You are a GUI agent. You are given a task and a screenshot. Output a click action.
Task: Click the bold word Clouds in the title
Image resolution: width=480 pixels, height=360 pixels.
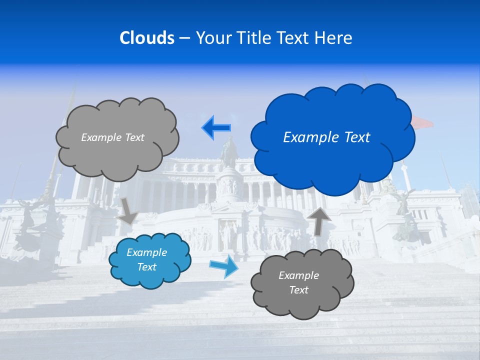click(146, 38)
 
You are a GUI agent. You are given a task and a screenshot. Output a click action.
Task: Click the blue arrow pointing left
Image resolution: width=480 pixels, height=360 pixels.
click(216, 127)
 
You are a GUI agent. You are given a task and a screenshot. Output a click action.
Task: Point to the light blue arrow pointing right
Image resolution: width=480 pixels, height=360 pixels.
click(224, 266)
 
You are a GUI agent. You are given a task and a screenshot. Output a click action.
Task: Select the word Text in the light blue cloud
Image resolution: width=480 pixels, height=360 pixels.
click(147, 267)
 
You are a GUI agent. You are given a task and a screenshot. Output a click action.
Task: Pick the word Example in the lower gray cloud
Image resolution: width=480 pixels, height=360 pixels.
click(298, 275)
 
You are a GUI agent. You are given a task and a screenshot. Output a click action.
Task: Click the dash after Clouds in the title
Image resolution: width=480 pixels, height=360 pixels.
click(184, 38)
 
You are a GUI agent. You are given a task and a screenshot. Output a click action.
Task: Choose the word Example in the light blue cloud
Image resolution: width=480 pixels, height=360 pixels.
click(147, 252)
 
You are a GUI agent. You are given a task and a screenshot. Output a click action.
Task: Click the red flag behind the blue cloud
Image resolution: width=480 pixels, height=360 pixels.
click(422, 122)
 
